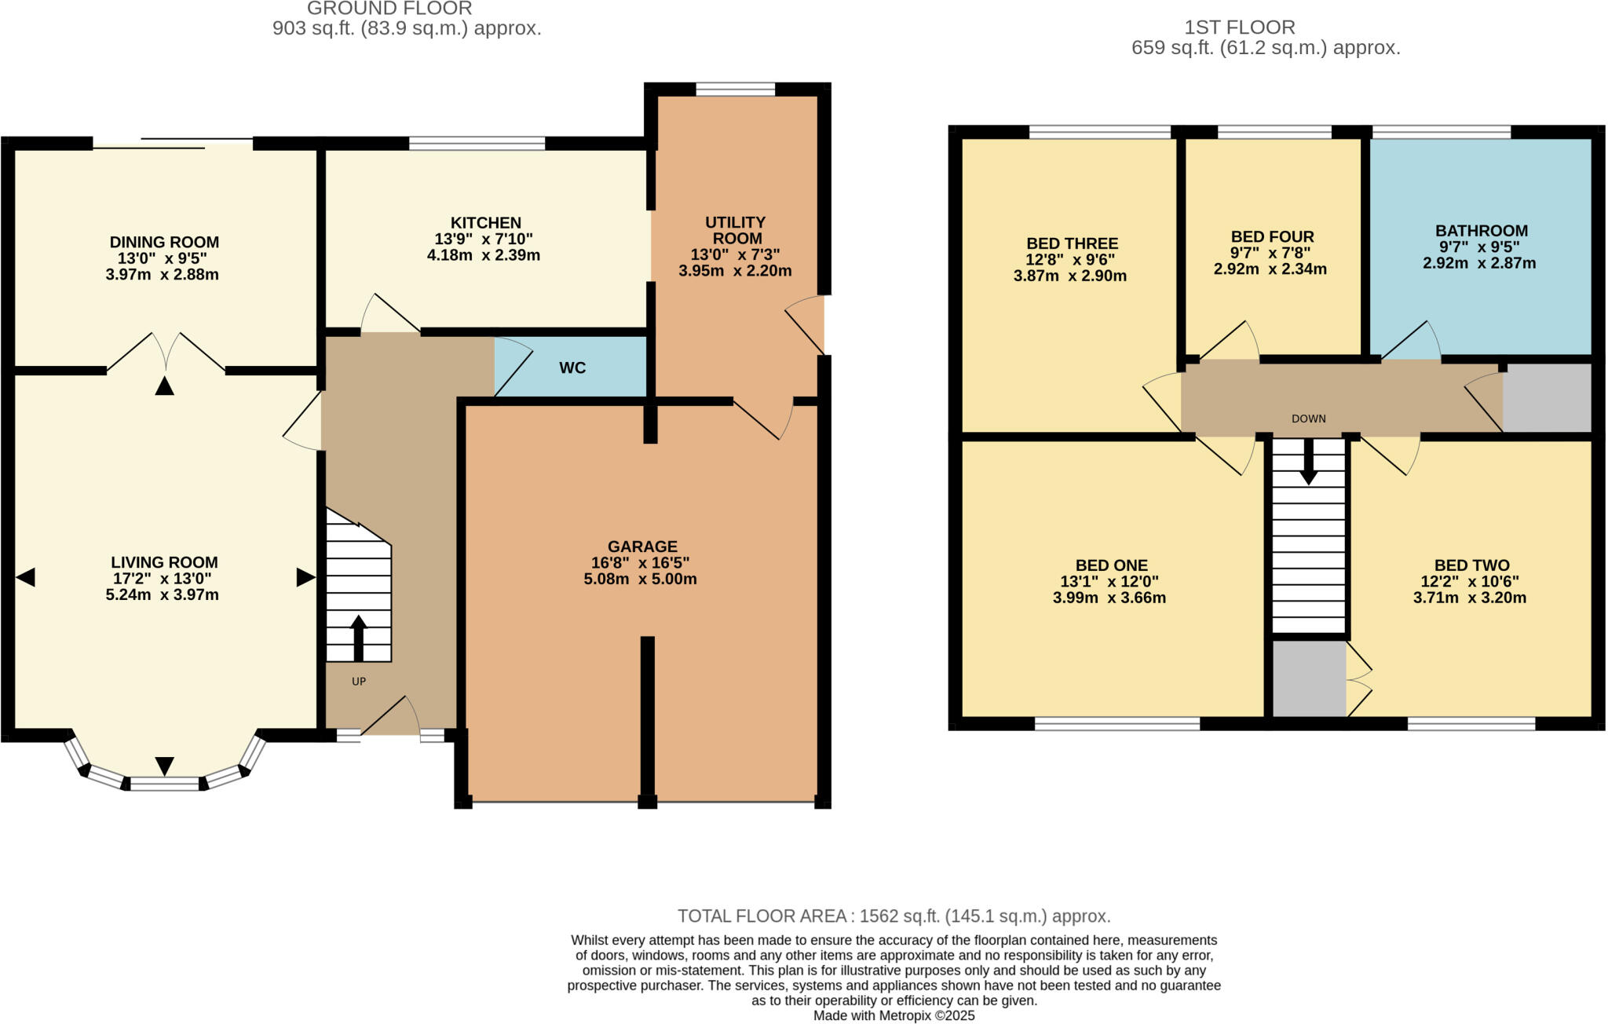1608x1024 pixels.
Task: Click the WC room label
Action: (x=572, y=368)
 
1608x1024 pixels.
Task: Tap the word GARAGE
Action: (x=641, y=547)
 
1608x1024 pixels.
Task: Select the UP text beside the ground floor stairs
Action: (x=359, y=682)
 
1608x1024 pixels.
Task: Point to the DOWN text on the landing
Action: (x=1308, y=419)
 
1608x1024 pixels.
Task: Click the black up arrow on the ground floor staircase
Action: (x=359, y=636)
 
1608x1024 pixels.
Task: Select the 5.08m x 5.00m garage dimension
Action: (x=640, y=580)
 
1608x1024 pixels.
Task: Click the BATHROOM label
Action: (x=1481, y=231)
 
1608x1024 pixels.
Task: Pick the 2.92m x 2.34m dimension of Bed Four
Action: (x=1270, y=269)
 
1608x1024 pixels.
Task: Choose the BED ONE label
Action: (x=1111, y=565)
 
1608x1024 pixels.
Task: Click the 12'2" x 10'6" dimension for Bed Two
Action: (x=1470, y=582)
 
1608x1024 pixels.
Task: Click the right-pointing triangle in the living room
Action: (x=305, y=578)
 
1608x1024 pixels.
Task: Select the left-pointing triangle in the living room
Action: (x=25, y=578)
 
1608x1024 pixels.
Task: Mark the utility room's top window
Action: (x=736, y=90)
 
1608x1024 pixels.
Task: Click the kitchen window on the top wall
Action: (x=477, y=143)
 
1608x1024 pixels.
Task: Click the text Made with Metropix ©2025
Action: (x=894, y=1015)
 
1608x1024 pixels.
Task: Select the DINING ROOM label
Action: (x=164, y=243)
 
